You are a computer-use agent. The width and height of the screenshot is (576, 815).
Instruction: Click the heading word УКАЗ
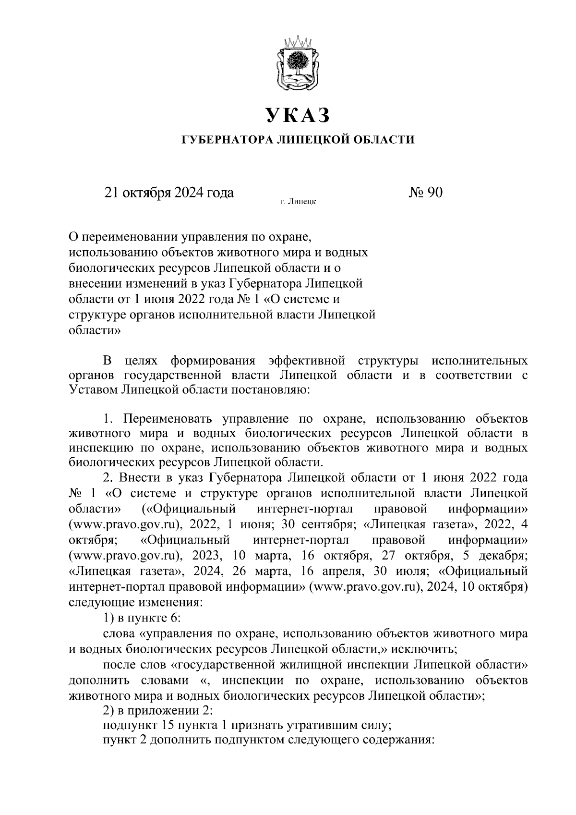pyautogui.click(x=298, y=115)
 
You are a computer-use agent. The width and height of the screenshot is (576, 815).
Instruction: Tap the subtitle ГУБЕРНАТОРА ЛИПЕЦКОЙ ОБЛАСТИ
pyautogui.click(x=298, y=140)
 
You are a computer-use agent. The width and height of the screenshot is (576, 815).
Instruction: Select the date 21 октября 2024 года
pyautogui.click(x=169, y=193)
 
